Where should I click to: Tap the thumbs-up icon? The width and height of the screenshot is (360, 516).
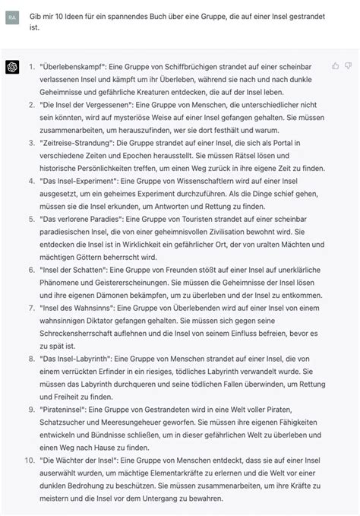tap(335, 66)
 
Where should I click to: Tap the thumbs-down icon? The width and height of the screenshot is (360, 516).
tap(349, 66)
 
